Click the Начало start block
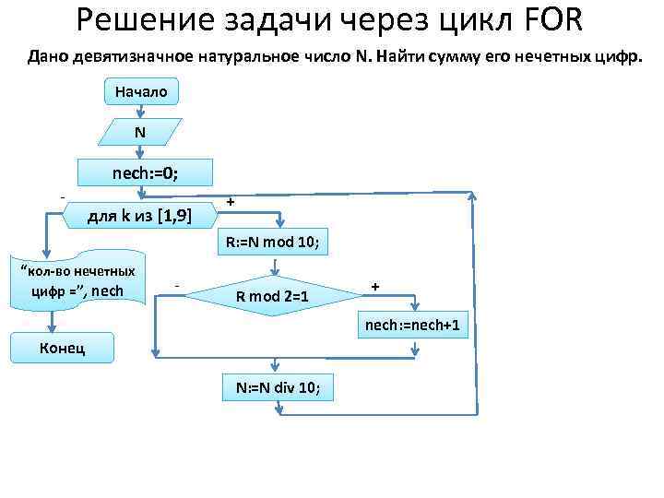[141, 91]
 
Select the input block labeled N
[139, 133]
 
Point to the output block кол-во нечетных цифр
[78, 280]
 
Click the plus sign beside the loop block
[231, 201]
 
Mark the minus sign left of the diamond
[176, 286]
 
